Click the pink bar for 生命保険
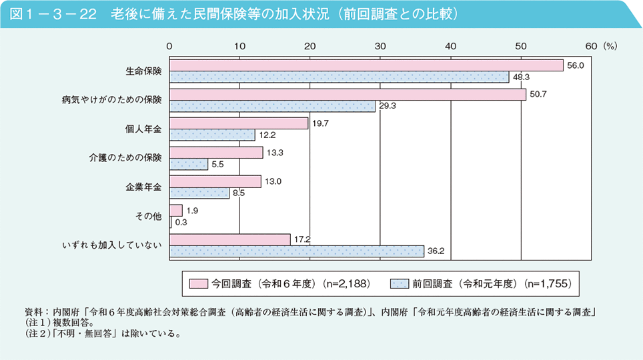(366, 65)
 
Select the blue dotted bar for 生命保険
(340, 77)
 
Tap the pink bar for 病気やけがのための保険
(348, 95)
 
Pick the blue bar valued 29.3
(272, 106)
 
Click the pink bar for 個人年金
(239, 123)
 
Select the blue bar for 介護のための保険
(189, 164)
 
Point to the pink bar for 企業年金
(215, 181)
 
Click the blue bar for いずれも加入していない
(297, 251)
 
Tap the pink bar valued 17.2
(230, 239)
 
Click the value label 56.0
(576, 65)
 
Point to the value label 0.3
(181, 222)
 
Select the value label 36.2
(436, 251)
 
